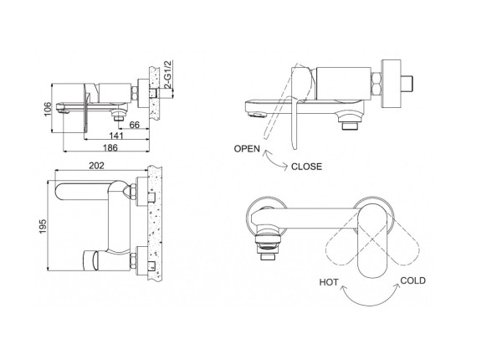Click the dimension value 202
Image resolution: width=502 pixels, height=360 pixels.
(x=96, y=165)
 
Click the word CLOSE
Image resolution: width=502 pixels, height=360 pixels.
(x=306, y=166)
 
